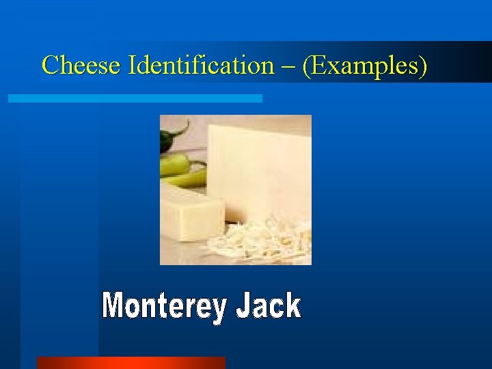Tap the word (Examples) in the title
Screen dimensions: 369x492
click(365, 66)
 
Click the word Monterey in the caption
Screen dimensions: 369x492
click(163, 307)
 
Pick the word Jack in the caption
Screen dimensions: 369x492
click(268, 307)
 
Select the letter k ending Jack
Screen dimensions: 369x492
click(292, 305)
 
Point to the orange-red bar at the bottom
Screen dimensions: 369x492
click(131, 362)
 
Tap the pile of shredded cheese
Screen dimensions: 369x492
click(263, 243)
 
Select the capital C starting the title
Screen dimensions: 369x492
click(49, 66)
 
